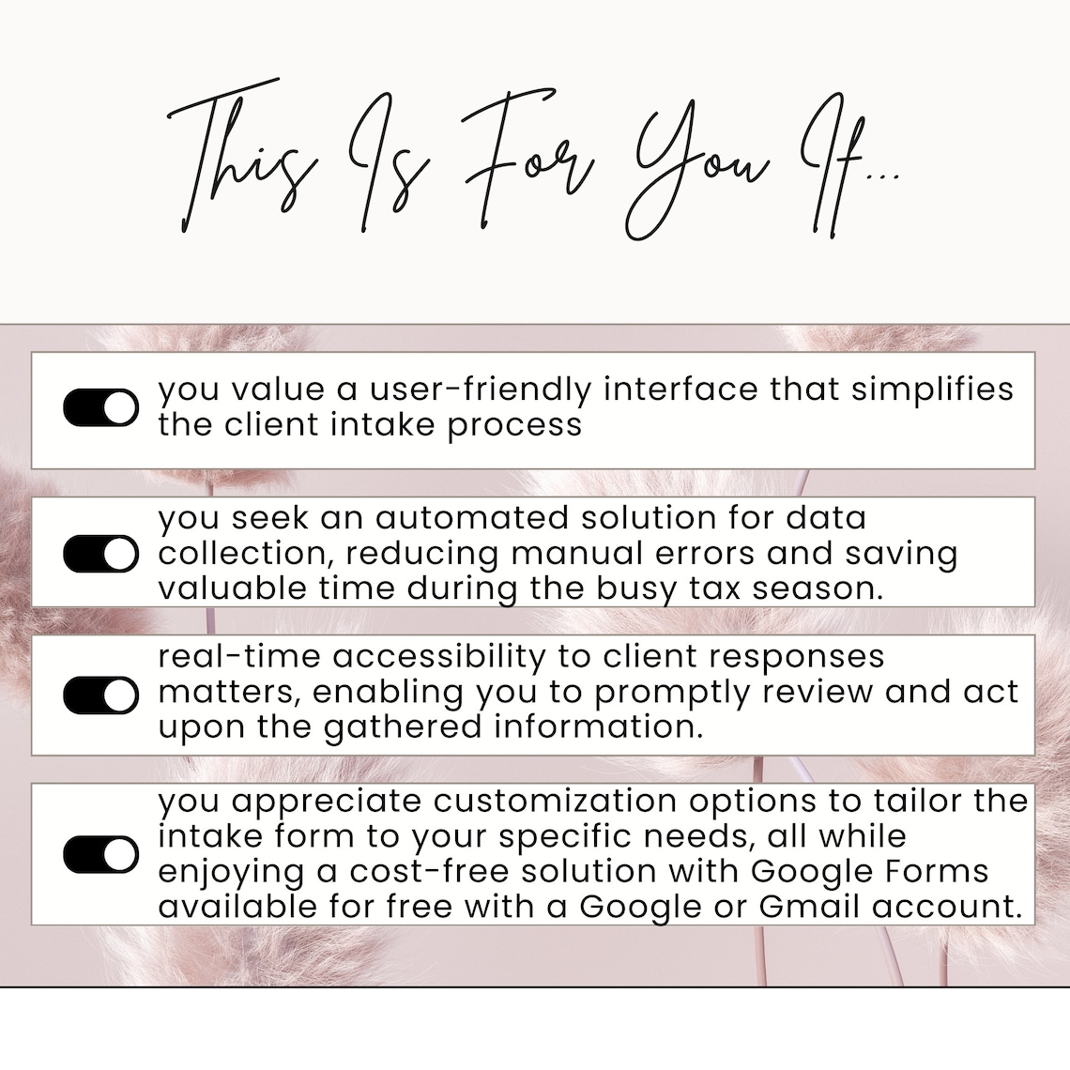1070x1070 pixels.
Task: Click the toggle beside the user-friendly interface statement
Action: [x=100, y=408]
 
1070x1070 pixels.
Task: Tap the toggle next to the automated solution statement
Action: [x=100, y=554]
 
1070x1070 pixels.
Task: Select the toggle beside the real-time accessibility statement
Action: [x=100, y=695]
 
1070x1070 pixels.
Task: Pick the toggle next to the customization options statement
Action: [x=100, y=855]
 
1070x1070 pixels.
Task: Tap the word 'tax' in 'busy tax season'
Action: [x=696, y=588]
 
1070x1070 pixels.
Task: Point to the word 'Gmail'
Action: [x=809, y=908]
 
